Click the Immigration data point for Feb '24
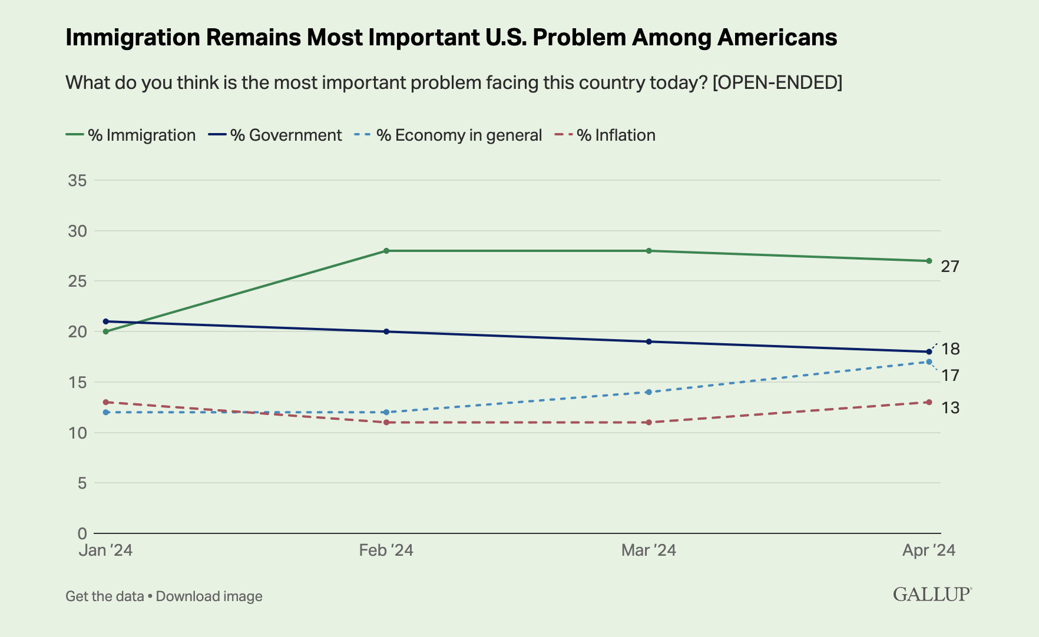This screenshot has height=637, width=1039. click(x=386, y=251)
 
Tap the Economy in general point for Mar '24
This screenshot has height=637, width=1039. click(x=648, y=392)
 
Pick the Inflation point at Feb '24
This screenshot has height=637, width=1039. click(x=386, y=422)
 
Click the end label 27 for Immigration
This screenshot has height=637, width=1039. click(x=950, y=267)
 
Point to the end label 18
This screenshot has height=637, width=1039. click(x=950, y=349)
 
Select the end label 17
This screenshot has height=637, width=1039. click(x=950, y=376)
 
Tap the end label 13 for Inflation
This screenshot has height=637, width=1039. click(x=950, y=407)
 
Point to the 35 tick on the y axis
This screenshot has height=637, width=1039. click(x=78, y=181)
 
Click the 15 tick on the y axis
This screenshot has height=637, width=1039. click(x=78, y=383)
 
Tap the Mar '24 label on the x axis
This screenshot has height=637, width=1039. click(x=648, y=550)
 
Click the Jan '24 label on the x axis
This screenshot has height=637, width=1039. click(x=106, y=550)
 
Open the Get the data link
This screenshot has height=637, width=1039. click(x=104, y=596)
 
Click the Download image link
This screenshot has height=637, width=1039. click(x=209, y=596)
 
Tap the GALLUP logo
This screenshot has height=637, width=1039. click(x=932, y=594)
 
